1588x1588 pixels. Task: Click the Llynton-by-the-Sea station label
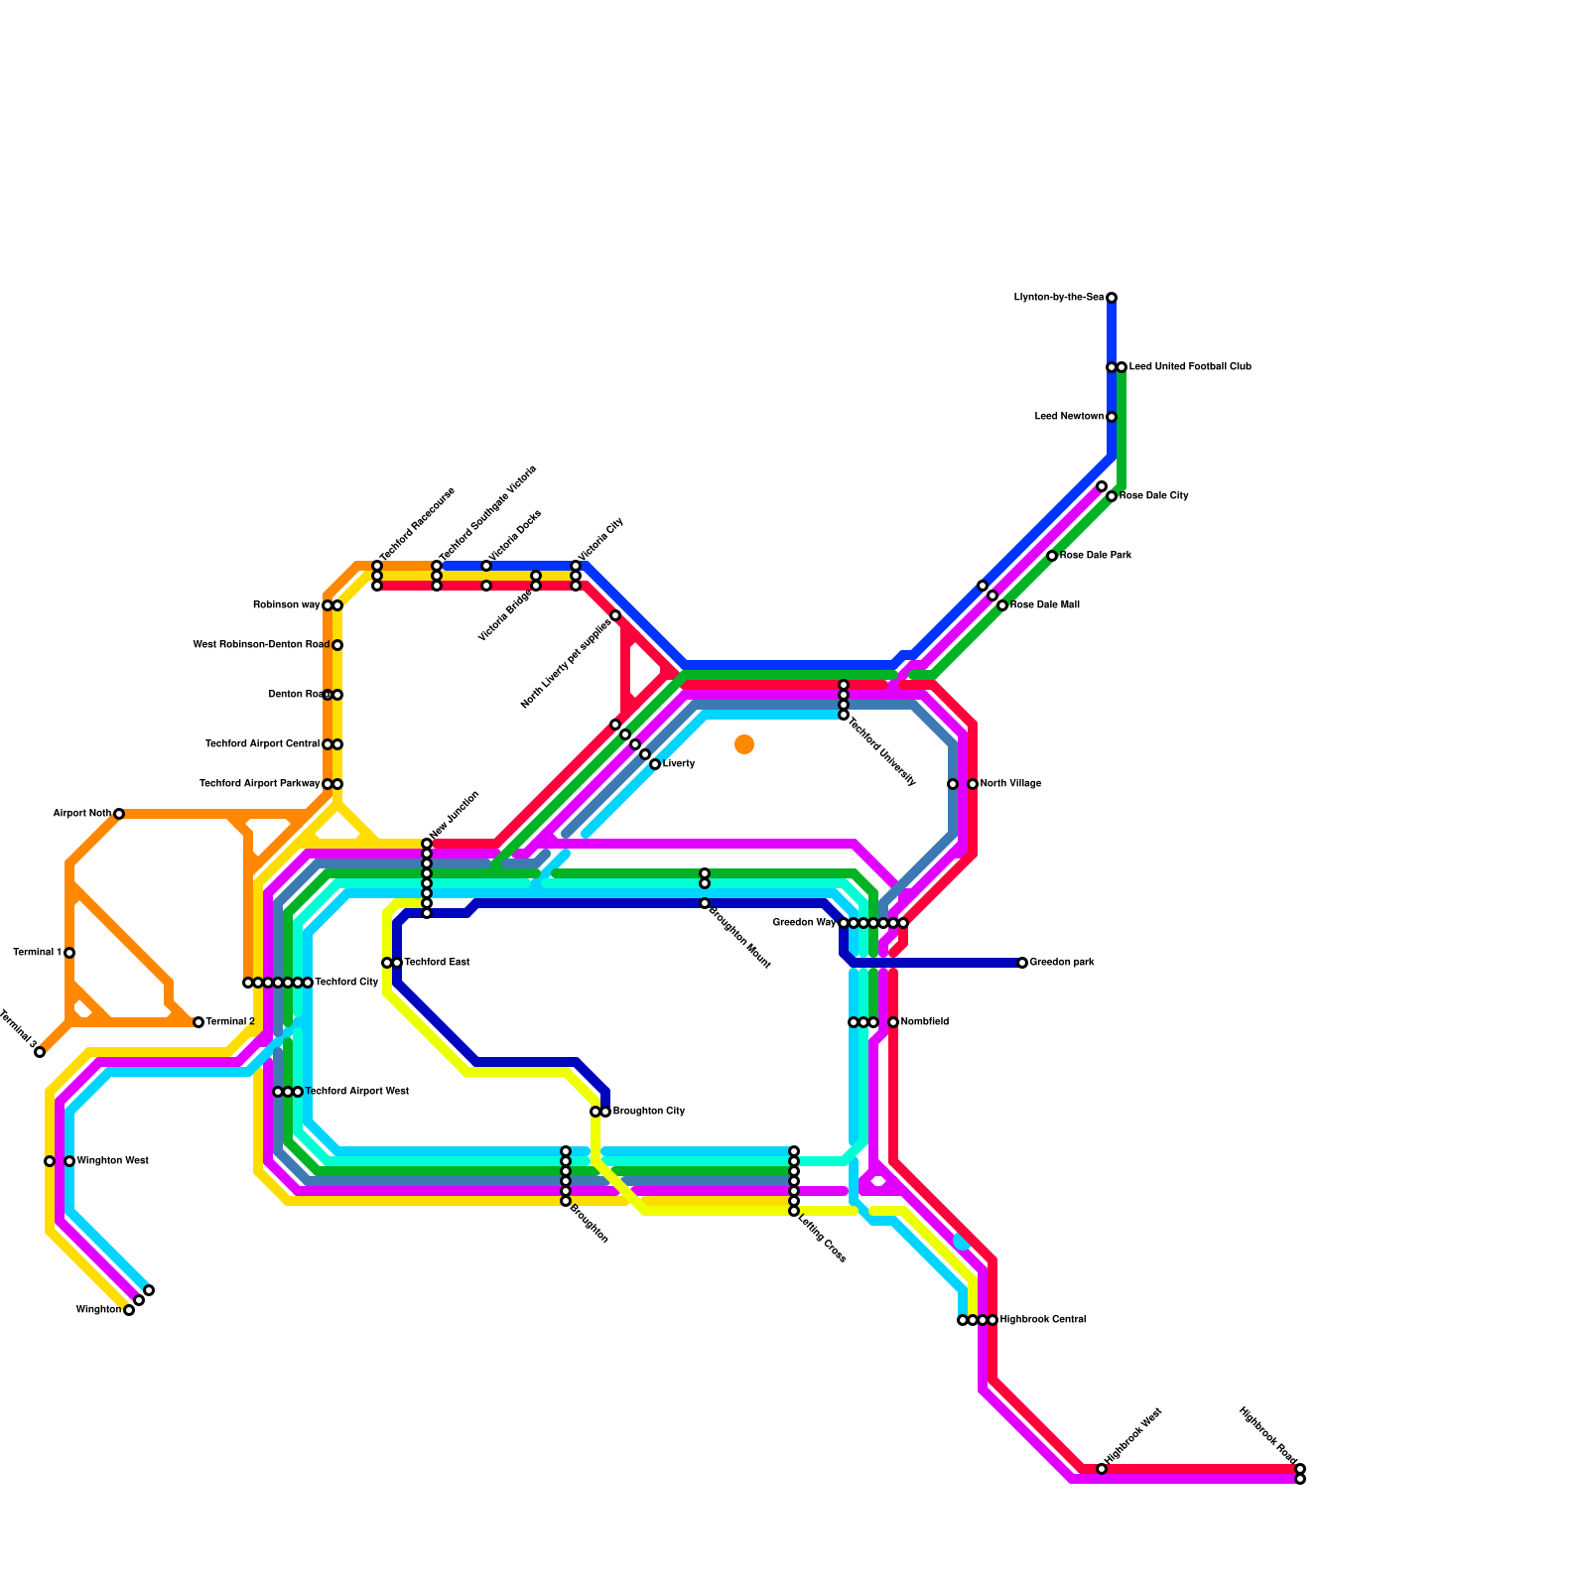click(x=1058, y=298)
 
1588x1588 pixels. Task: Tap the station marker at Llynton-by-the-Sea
click(x=1112, y=298)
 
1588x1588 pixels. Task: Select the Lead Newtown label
click(x=1069, y=417)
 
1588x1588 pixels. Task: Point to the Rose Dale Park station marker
click(x=1052, y=556)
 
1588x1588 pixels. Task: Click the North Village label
click(x=1010, y=784)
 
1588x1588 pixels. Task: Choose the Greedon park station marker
click(x=1022, y=963)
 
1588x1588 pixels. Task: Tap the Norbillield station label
click(x=924, y=1022)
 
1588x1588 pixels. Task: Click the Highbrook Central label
click(x=1042, y=1320)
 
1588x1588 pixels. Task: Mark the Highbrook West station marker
click(x=1102, y=1469)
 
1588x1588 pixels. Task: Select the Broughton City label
click(x=648, y=1112)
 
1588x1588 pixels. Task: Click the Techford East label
click(x=437, y=963)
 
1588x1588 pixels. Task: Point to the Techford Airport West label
click(x=356, y=1092)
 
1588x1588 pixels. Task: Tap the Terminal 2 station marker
click(x=198, y=1022)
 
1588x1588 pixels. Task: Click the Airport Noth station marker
click(x=119, y=814)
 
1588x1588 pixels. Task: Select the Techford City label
click(x=346, y=983)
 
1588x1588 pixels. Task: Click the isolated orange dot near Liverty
click(x=744, y=744)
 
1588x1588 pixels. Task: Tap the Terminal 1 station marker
click(x=69, y=953)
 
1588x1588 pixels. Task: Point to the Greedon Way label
click(x=804, y=923)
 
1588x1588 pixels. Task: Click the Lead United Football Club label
click(x=1189, y=367)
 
